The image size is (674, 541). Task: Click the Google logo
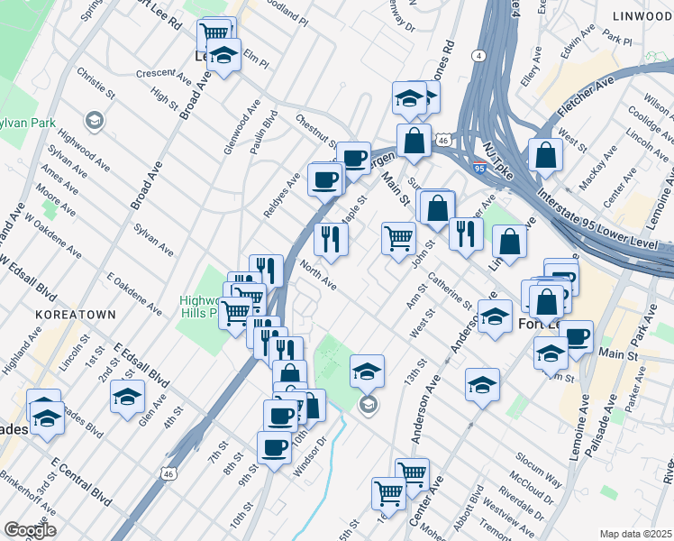tap(30, 529)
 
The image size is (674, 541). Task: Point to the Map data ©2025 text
tap(635, 534)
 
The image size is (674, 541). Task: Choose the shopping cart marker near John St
tap(398, 238)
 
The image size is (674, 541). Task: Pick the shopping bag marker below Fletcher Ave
tap(545, 155)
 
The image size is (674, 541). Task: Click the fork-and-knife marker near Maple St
tap(331, 238)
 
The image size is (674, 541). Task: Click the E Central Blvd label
tap(81, 481)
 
